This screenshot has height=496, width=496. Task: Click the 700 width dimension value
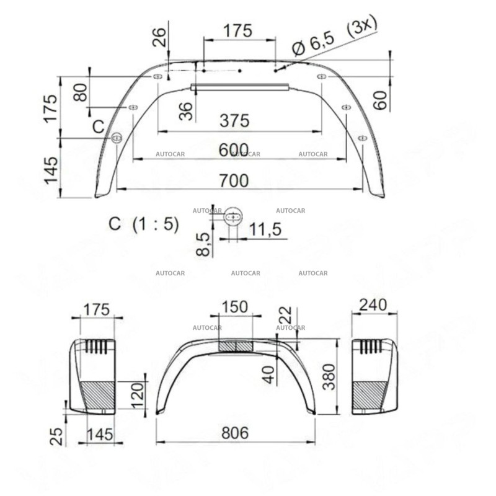pyautogui.click(x=234, y=180)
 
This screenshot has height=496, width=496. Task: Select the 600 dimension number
pyautogui.click(x=234, y=150)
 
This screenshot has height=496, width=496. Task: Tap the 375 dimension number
pyautogui.click(x=234, y=121)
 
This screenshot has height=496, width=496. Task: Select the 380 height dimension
pyautogui.click(x=329, y=376)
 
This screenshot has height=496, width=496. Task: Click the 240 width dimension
pyautogui.click(x=372, y=305)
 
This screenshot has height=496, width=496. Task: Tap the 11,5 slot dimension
pyautogui.click(x=265, y=229)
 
